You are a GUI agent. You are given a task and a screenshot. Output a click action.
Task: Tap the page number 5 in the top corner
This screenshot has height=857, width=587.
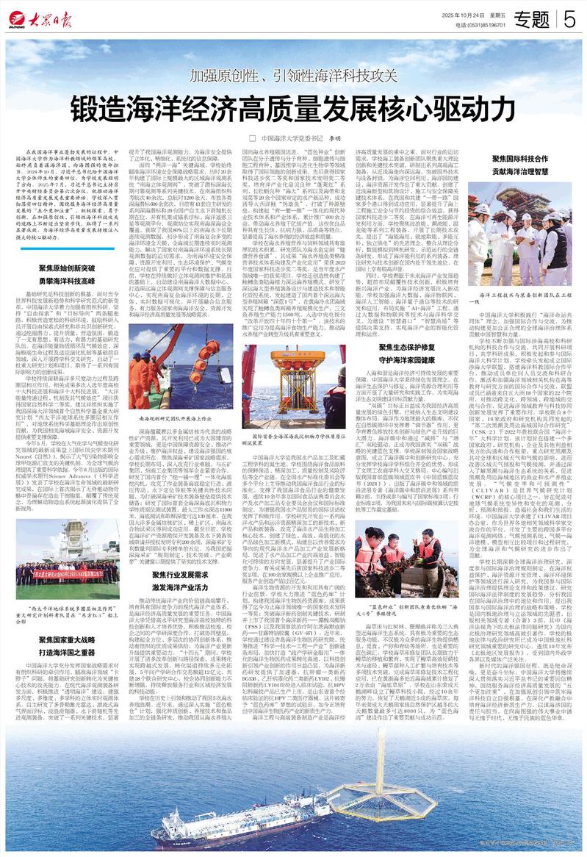[x=569, y=20]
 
